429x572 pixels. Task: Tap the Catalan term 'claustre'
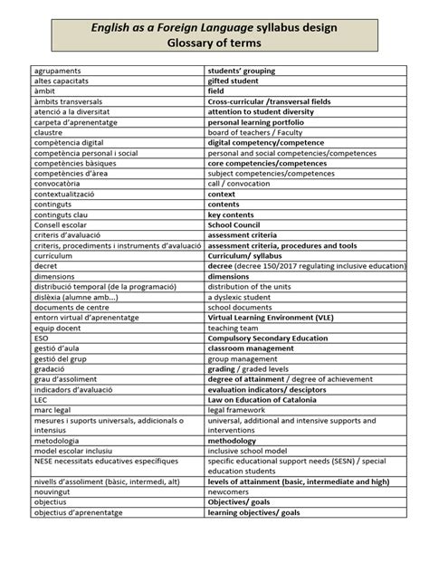click(49, 132)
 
